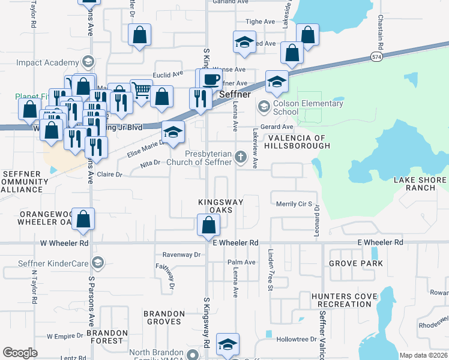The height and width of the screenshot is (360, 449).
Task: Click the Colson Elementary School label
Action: [303, 107]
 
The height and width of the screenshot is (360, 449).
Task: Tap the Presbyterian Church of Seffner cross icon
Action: [241, 158]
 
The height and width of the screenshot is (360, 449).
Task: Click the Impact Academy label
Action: [48, 62]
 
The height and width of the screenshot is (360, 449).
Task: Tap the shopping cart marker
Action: [141, 91]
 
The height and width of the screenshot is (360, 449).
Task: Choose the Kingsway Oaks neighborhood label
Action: [220, 206]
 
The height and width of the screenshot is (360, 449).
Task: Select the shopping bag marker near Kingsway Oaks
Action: [208, 226]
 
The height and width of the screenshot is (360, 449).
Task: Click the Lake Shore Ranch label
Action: [420, 184]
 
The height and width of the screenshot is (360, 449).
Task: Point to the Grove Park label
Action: [355, 263]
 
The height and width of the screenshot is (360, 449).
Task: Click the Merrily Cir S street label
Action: [294, 204]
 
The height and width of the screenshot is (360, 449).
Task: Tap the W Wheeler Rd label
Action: [64, 244]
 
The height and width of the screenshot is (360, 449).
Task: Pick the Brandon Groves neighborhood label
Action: [164, 317]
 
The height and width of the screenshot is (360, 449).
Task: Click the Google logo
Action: [20, 353]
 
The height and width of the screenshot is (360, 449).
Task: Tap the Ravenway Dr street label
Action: [181, 254]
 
